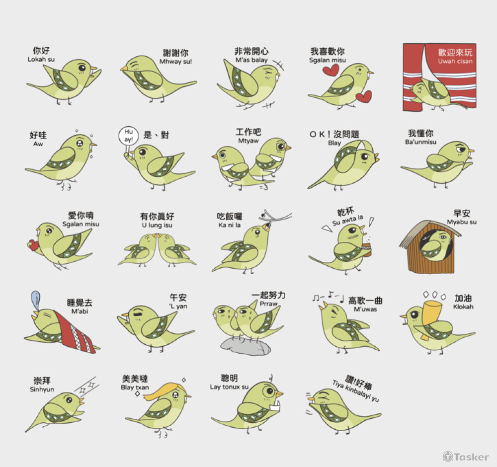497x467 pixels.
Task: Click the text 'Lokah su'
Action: tap(41, 59)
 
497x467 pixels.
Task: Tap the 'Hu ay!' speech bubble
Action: tap(128, 136)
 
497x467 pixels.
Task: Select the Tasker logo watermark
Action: tap(466, 457)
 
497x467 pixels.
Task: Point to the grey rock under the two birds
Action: tap(246, 346)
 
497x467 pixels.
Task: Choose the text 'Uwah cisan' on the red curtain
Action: tap(455, 61)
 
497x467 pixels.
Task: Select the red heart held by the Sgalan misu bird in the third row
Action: tap(32, 245)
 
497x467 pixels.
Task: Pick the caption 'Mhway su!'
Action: tap(175, 62)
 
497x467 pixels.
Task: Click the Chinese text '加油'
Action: tap(463, 298)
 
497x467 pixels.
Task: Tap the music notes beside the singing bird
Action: tap(328, 297)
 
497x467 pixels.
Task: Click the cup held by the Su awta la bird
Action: tap(367, 249)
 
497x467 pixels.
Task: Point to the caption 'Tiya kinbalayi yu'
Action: tap(356, 390)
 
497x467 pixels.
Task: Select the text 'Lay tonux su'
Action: tap(229, 387)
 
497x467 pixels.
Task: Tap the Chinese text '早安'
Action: tap(462, 213)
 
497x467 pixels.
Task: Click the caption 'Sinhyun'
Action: tap(42, 389)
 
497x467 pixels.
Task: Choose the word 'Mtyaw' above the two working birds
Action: tap(248, 141)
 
